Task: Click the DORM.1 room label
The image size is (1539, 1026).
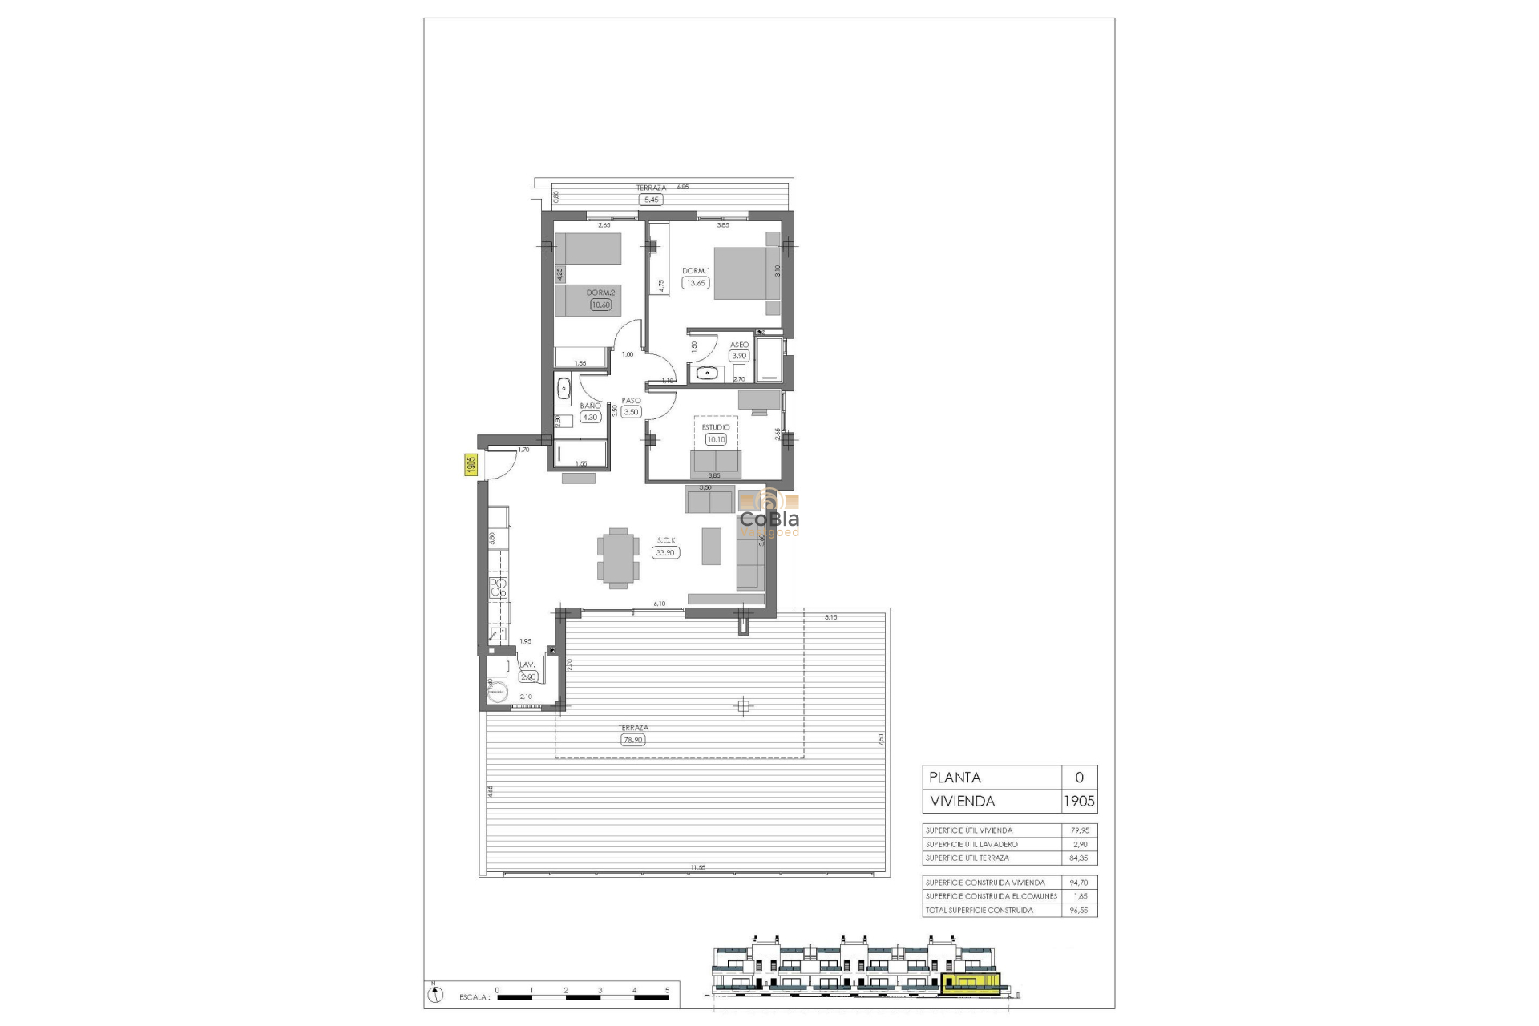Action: coord(696,271)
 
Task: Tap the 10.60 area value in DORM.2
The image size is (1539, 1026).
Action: coord(600,305)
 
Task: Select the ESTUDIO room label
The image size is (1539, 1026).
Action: coord(716,427)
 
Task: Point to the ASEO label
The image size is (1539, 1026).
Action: coord(739,345)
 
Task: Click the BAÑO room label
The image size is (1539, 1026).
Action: coord(590,406)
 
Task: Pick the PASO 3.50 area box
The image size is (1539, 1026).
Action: coord(632,412)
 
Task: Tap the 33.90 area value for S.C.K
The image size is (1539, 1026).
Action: coord(666,552)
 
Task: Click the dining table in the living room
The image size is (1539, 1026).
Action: coord(618,558)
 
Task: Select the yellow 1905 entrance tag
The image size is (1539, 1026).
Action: coord(471,464)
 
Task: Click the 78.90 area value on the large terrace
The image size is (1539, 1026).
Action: coord(632,740)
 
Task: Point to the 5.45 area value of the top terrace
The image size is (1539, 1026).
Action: coord(651,200)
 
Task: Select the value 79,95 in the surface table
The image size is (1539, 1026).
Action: coord(1080,830)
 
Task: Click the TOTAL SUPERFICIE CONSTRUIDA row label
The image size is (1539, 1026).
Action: coord(980,910)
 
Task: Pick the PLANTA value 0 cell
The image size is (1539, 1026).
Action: coord(1079,777)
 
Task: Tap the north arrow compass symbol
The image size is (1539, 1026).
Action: coord(435,995)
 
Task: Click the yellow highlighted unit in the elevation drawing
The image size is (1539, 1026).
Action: coord(971,985)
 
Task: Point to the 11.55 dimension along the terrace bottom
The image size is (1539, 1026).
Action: coord(697,867)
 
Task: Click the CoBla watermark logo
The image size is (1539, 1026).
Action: coord(769,513)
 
